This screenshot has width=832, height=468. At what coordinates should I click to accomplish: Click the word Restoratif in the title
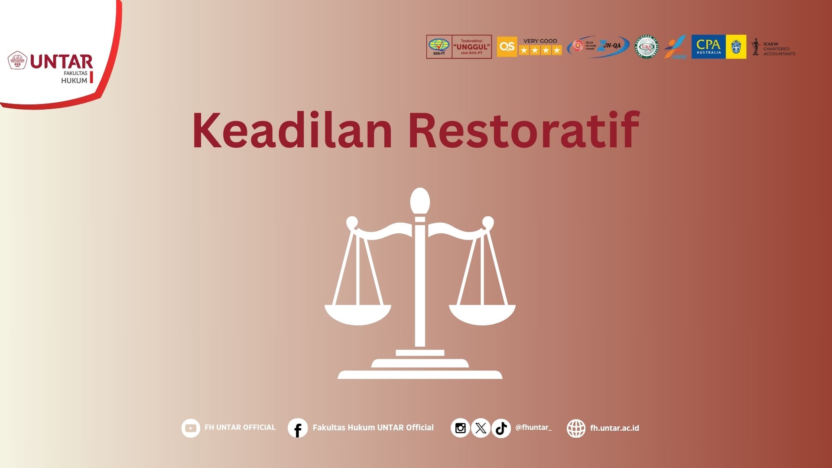[523, 130]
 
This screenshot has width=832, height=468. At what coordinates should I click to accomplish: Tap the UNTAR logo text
[62, 62]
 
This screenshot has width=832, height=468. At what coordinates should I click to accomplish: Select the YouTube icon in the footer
[191, 428]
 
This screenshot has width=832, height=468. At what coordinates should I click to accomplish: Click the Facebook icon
[298, 428]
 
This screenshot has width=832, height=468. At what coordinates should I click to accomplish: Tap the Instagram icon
[460, 428]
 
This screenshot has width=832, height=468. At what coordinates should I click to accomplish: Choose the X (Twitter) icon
[481, 428]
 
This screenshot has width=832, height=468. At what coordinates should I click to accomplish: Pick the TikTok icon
[501, 428]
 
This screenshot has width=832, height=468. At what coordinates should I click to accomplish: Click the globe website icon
[576, 428]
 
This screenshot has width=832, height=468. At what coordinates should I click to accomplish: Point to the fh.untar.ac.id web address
[614, 428]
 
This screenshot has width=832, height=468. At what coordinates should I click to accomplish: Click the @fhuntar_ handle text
[533, 428]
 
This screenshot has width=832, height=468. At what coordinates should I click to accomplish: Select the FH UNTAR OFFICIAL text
[240, 428]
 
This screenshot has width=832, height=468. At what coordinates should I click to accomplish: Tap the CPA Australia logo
[708, 47]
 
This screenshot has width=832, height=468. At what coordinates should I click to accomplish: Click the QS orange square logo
[507, 47]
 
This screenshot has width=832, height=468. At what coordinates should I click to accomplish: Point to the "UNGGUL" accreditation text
[471, 47]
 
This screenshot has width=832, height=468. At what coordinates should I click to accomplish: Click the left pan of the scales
[358, 314]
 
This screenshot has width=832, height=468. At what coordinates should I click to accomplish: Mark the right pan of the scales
[482, 314]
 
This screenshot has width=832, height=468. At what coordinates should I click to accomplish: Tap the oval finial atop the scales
[420, 201]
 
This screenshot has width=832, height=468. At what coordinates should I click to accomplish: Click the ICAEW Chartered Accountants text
[779, 49]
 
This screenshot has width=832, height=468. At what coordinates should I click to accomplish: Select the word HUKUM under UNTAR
[74, 81]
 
